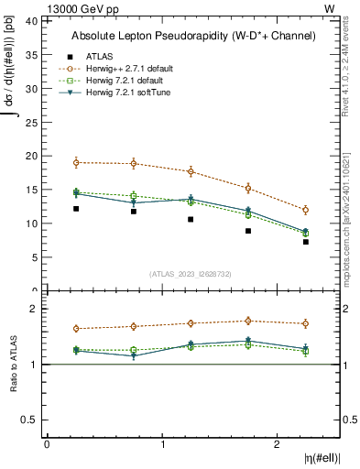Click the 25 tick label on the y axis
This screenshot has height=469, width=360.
point(33,122)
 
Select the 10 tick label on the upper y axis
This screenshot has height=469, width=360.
point(33,224)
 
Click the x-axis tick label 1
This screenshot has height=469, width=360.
point(162,443)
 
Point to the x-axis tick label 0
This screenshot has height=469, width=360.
point(47,443)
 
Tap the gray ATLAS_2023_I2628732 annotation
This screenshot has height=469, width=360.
point(191,273)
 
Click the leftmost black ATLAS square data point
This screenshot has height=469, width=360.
point(76,209)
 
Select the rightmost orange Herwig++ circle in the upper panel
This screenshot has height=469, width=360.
point(306,210)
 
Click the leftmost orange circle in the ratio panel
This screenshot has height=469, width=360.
point(76,329)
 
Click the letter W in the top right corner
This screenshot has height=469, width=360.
point(329,7)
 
